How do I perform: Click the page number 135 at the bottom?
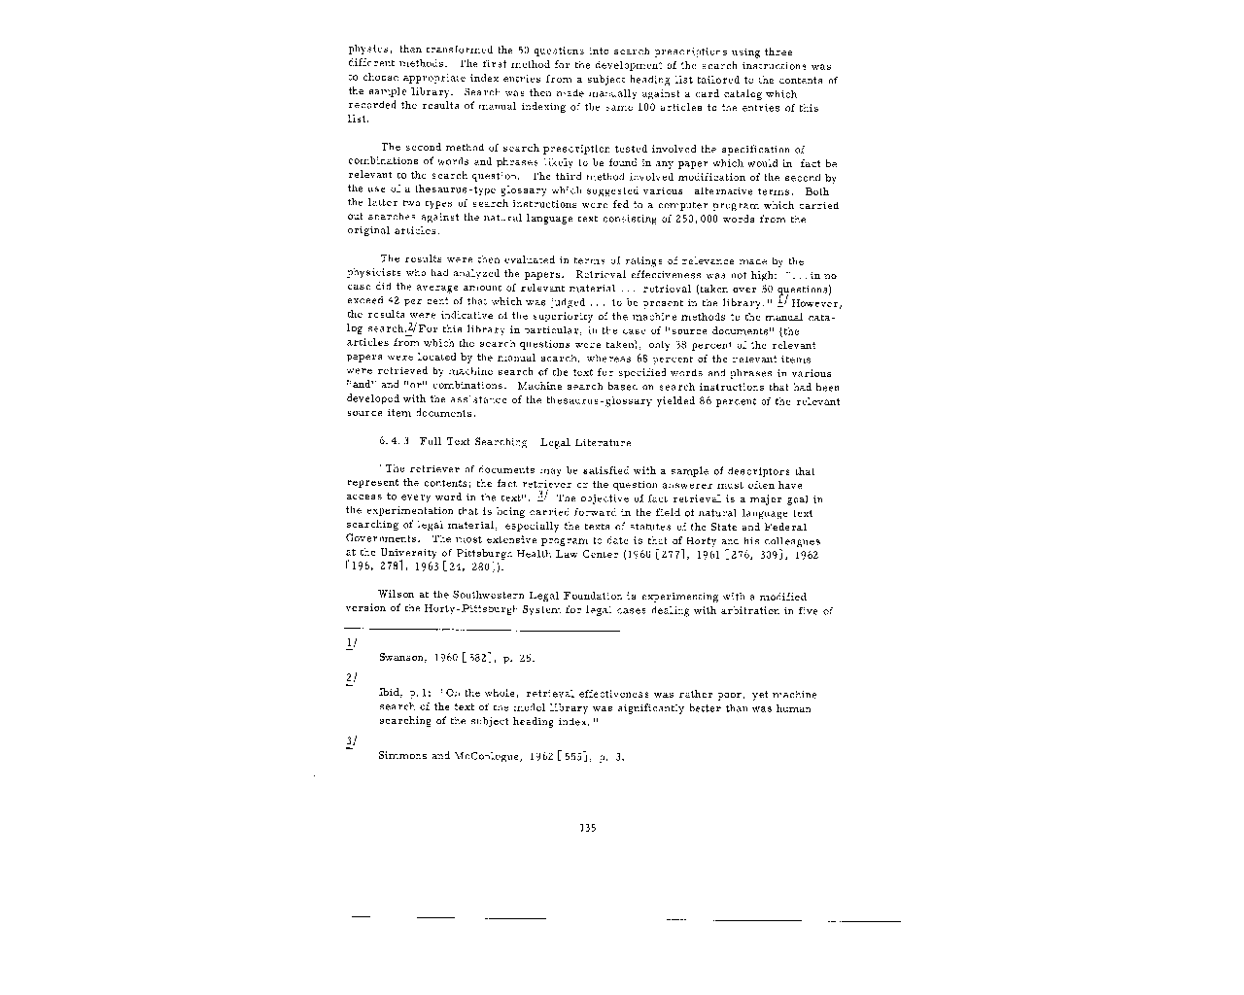[587, 828]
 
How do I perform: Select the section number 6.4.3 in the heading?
[394, 442]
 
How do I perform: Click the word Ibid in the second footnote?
[389, 695]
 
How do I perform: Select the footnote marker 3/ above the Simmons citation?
[351, 741]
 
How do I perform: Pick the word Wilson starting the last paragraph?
[396, 596]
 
